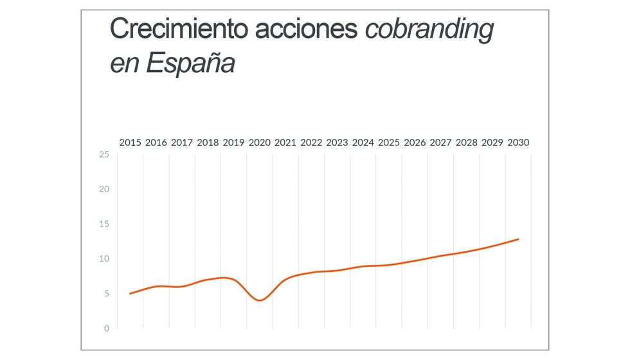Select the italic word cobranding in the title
coord(429,30)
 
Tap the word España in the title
coord(190,63)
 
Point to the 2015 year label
coord(130,142)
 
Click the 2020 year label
coord(260,142)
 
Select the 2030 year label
coord(518,142)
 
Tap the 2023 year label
coord(337,142)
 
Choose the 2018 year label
coord(208,142)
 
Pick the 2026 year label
coord(415,142)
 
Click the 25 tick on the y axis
coord(104,154)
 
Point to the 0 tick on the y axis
coord(107,328)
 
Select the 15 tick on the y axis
coord(104,224)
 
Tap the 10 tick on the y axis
coord(104,258)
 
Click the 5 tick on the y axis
coord(107,293)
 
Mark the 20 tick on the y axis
coord(104,189)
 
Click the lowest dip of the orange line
coord(260,300)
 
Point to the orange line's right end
coord(518,239)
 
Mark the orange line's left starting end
coord(130,293)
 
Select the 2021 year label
coord(285,142)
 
